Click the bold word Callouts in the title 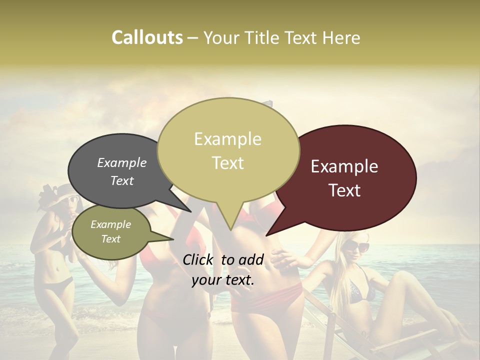pos(147,37)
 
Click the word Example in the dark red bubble pos(344,166)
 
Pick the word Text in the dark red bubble pos(344,190)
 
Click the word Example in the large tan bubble pos(227,139)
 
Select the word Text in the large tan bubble pos(227,163)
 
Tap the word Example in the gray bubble pos(122,162)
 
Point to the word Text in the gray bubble pos(122,180)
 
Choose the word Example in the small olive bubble pos(110,224)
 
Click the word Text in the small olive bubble pos(110,239)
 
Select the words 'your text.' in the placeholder pos(223,280)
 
